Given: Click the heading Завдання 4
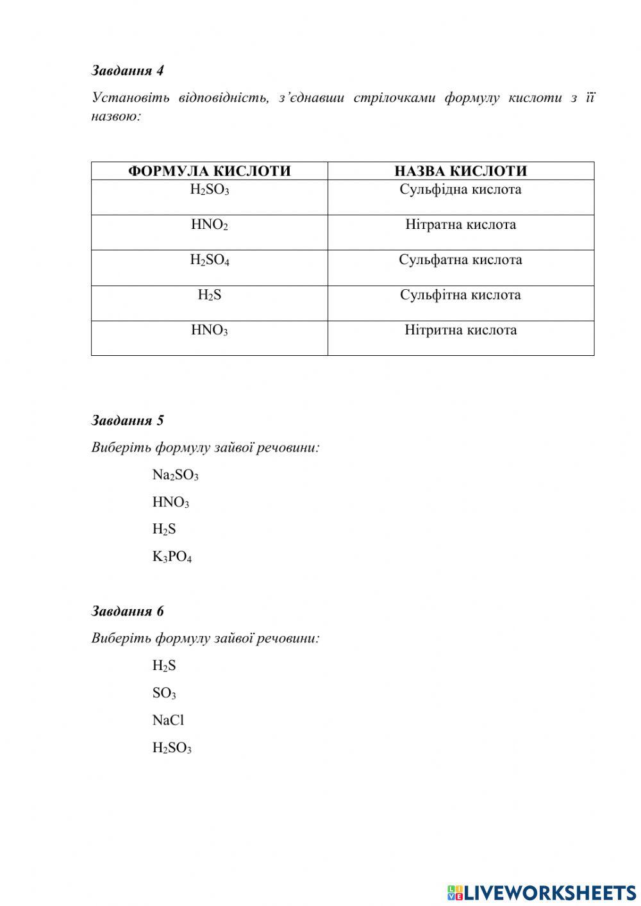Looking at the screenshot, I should (127, 71).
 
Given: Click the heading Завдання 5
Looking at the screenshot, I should (127, 421).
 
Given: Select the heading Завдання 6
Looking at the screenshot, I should (127, 611).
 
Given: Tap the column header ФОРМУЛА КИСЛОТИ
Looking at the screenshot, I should (209, 171).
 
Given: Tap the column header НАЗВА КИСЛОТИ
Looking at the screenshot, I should (460, 171).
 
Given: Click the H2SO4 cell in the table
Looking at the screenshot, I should (210, 260).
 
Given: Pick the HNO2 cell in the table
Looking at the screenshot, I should (210, 225).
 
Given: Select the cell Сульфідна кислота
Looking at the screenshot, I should (460, 190).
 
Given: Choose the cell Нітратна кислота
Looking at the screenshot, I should (460, 225).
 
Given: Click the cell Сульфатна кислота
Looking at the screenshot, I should (460, 260).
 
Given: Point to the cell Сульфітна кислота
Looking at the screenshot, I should (460, 296).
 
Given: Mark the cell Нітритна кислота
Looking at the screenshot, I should (460, 331).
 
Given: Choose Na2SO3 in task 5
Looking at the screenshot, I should (175, 475).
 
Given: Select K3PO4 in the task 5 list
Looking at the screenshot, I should (172, 557).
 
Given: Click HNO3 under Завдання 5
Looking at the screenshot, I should (171, 503).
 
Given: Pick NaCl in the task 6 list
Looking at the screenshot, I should (168, 721).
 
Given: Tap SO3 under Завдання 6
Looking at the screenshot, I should (164, 693).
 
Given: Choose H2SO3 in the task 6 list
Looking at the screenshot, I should (172, 748).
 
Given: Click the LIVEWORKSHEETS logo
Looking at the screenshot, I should (542, 892).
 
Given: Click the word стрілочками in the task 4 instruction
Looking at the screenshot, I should (392, 98).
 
